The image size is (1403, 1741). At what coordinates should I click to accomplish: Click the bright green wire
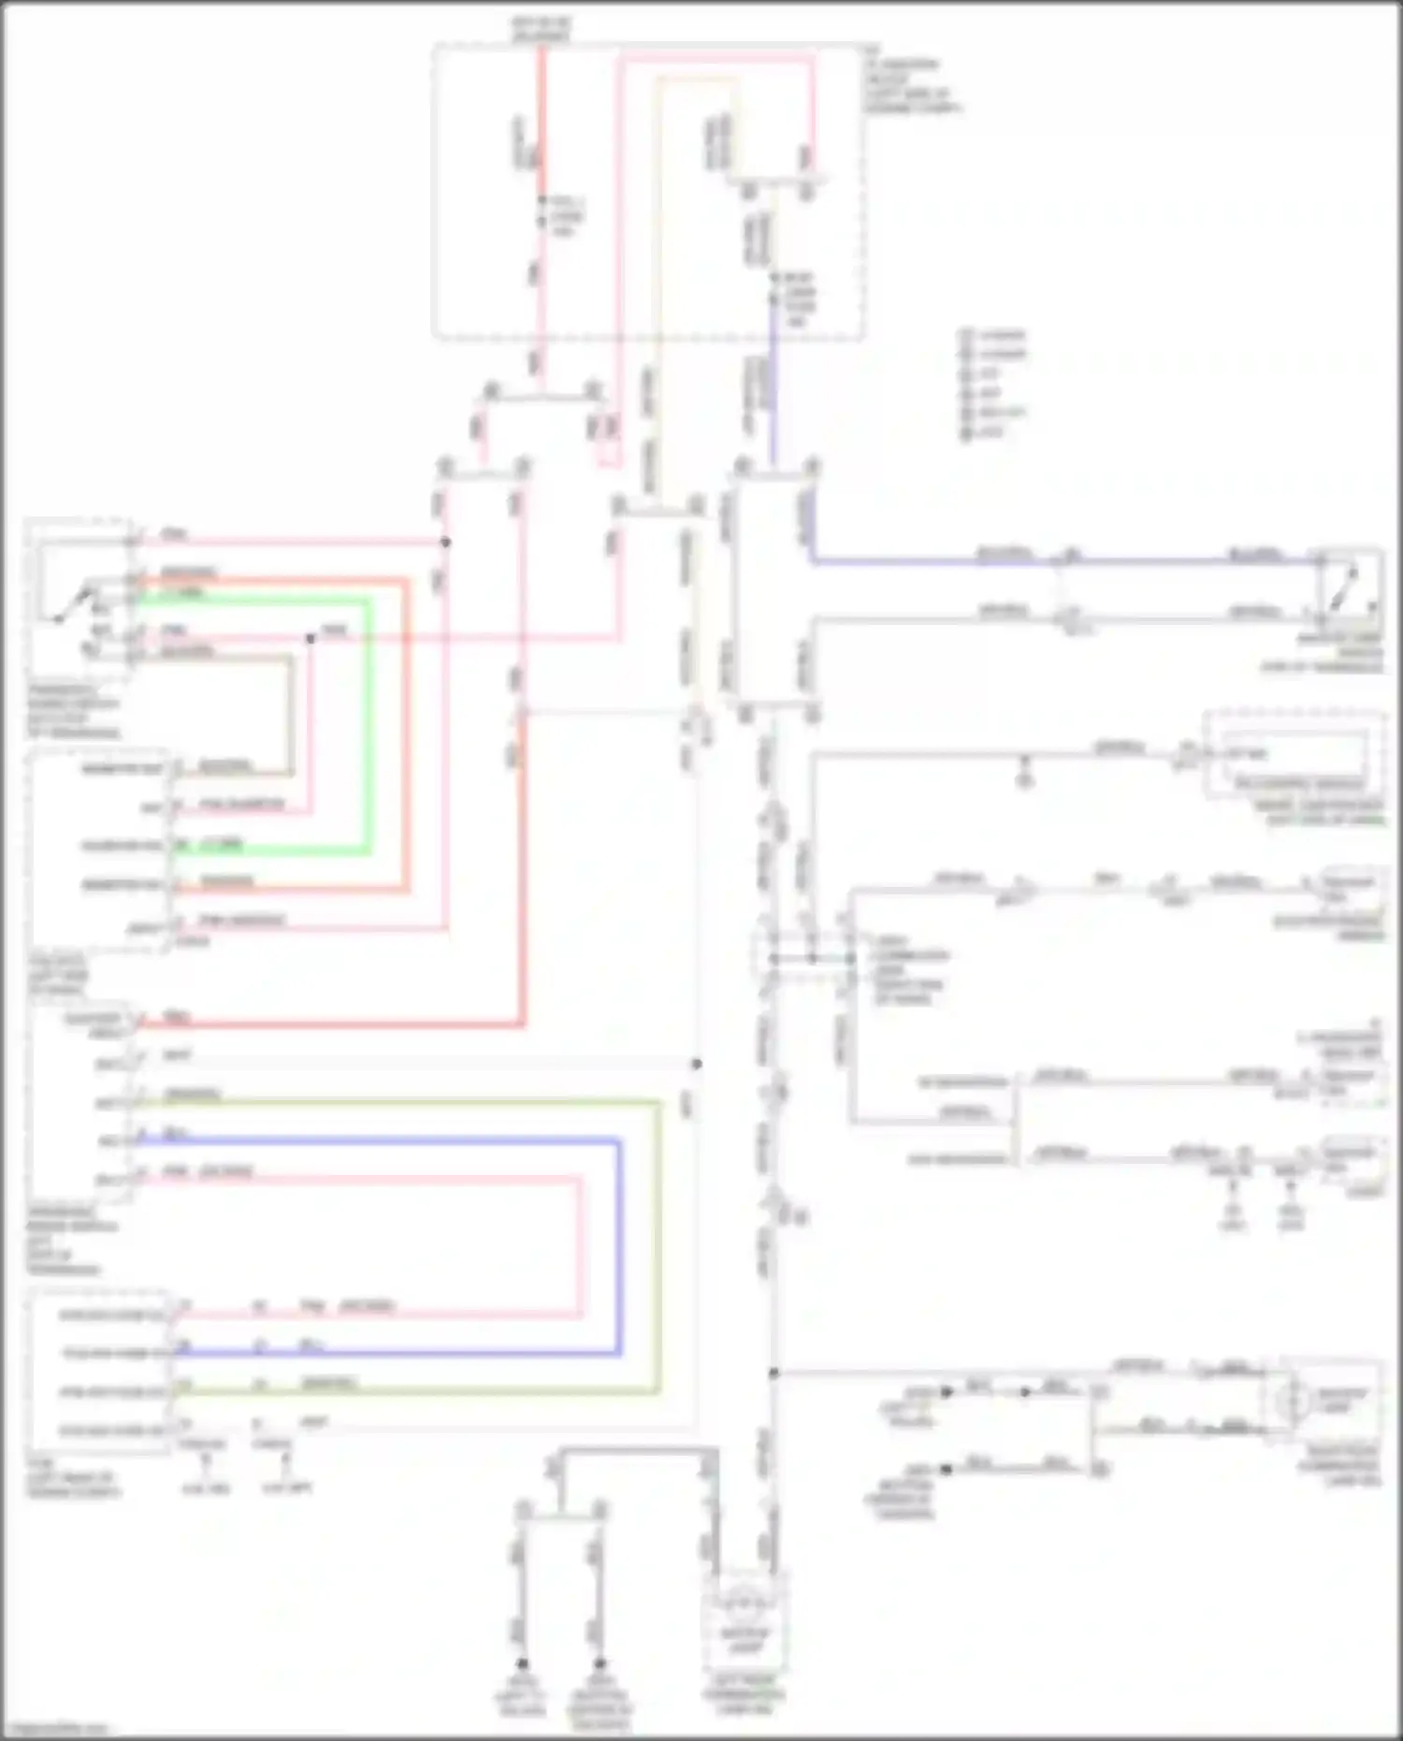(369, 730)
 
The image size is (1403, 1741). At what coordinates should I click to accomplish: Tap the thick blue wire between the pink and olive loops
(617, 1244)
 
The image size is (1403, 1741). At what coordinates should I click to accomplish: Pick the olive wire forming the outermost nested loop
(658, 1244)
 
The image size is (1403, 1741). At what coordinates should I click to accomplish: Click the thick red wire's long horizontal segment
(327, 1024)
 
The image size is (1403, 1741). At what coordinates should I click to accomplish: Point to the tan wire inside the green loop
(291, 711)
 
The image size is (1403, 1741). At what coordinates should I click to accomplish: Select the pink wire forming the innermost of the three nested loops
(580, 1244)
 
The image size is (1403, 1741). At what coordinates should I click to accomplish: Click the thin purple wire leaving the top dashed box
(773, 393)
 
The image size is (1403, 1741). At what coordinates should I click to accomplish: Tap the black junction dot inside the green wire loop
(311, 638)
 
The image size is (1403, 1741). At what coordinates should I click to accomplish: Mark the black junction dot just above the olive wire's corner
(696, 1064)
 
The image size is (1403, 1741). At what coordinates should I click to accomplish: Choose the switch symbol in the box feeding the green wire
(70, 603)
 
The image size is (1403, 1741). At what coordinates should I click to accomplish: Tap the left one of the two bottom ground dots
(522, 1663)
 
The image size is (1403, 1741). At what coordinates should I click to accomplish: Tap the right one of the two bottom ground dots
(600, 1663)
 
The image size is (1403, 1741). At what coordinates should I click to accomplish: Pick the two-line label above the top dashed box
(541, 29)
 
